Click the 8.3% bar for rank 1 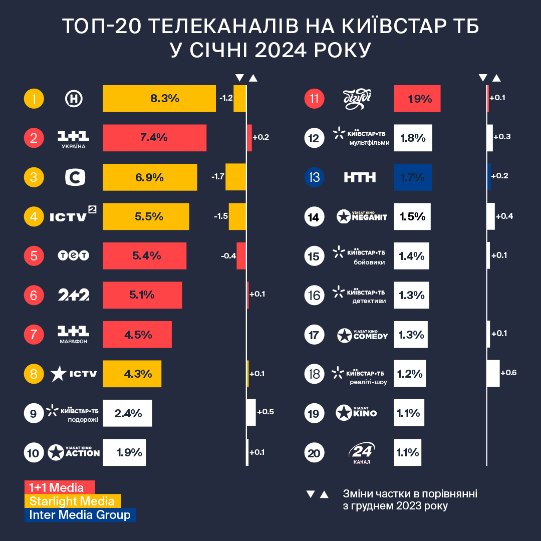coord(159,99)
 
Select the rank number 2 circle coord(34,138)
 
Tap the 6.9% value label coord(150,177)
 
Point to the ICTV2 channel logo coord(73,216)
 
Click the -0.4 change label coord(228,256)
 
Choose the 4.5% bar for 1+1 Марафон coord(137,335)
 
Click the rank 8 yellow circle coord(34,374)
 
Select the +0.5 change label coord(265,412)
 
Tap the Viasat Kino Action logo coord(74,453)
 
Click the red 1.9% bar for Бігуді coord(417,99)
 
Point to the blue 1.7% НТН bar coord(413,177)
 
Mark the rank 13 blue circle coord(315,177)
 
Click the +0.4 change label coord(504,216)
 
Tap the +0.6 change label coord(508,373)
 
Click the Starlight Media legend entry coord(73,501)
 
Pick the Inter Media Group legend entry coord(80,515)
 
